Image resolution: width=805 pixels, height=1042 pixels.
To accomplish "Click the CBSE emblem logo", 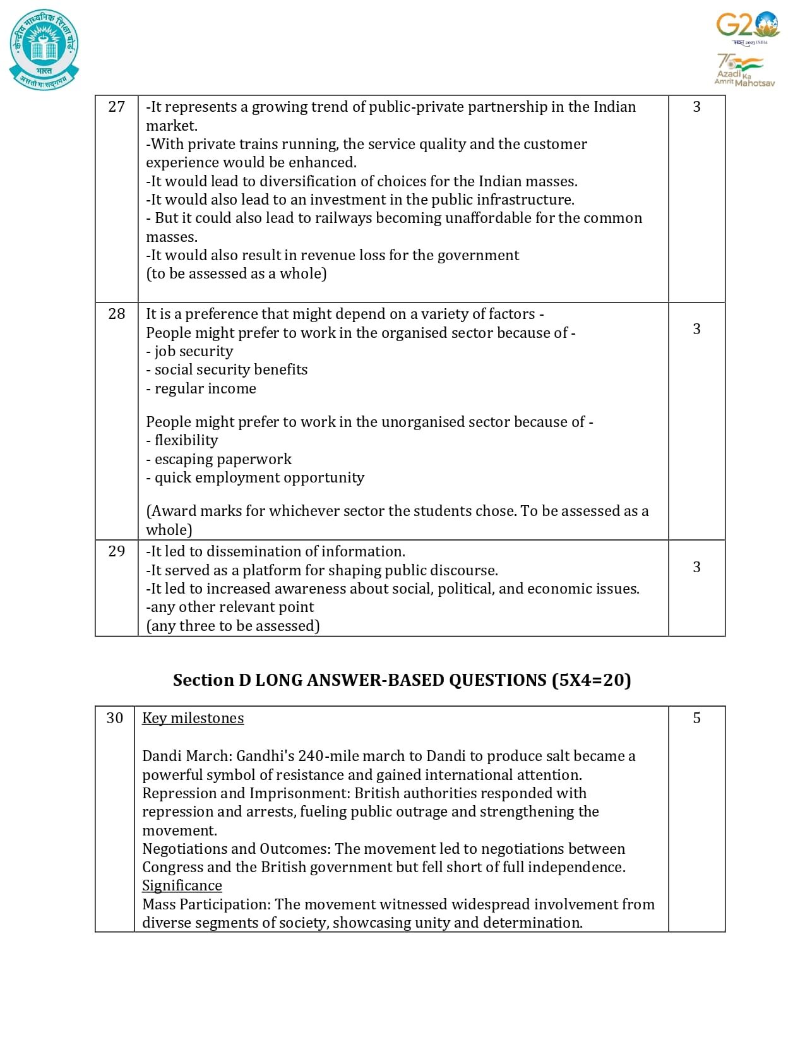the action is [44, 49].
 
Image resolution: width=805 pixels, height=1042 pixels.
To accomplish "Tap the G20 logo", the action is [748, 27].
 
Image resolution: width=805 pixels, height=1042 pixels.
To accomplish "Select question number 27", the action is [117, 107].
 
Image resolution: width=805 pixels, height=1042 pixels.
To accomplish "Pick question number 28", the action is [117, 314].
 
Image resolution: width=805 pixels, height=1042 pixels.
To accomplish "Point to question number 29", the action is [117, 551].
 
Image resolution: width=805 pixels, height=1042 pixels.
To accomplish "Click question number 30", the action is [115, 718].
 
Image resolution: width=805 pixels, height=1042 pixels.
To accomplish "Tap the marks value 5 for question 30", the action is [696, 718].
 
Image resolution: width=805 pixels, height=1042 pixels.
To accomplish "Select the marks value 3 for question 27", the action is [696, 107].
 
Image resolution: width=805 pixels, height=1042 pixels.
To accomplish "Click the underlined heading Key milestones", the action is [193, 718].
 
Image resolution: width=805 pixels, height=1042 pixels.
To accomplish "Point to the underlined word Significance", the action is [182, 885].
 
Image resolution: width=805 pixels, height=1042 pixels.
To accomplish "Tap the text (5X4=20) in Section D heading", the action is [591, 680].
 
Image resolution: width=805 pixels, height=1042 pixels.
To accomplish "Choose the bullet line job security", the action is [189, 351].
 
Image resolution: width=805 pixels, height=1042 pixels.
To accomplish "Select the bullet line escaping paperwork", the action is [219, 459].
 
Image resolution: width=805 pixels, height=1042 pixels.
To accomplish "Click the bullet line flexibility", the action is [182, 440].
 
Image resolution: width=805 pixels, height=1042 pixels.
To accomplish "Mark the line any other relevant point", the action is [230, 607].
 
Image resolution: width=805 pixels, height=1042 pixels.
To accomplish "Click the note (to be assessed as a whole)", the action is [236, 273].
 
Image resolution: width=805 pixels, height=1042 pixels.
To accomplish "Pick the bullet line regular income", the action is [201, 388].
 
